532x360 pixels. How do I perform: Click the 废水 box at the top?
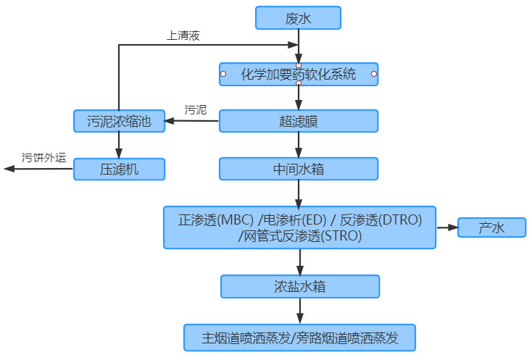[x=298, y=18]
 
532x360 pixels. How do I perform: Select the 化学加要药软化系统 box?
[x=298, y=74]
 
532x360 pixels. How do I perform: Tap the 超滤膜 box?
[x=298, y=121]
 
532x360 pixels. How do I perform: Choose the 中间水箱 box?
[x=299, y=169]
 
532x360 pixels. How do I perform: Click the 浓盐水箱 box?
[x=299, y=286]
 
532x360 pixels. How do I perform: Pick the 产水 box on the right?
[x=491, y=227]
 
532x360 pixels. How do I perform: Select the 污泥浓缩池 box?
[x=119, y=121]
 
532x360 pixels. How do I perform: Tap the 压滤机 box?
[x=119, y=169]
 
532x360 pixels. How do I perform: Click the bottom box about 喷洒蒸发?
[x=299, y=337]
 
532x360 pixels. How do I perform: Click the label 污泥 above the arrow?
[x=196, y=110]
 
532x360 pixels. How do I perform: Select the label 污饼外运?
[x=43, y=156]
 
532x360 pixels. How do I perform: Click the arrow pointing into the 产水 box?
[x=446, y=227]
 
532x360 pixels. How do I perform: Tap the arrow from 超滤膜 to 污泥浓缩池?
[x=192, y=121]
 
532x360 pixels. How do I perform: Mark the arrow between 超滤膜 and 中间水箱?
[x=299, y=145]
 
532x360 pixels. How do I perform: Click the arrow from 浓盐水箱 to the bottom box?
[x=299, y=311]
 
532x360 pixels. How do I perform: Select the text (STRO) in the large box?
[x=340, y=236]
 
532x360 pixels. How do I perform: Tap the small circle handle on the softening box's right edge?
[x=374, y=74]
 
